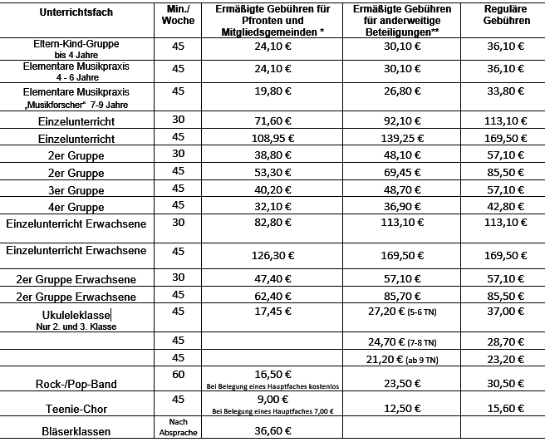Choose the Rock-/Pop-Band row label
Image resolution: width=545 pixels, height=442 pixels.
[x=76, y=384]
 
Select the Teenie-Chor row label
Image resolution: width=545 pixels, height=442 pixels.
[x=76, y=408]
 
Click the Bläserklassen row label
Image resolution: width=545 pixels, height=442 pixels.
[x=76, y=431]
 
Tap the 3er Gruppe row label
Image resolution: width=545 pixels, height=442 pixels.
[x=76, y=189]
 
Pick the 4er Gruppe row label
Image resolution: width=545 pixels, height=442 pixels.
[x=76, y=206]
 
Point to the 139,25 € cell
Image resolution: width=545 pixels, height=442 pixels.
[x=396, y=138]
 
